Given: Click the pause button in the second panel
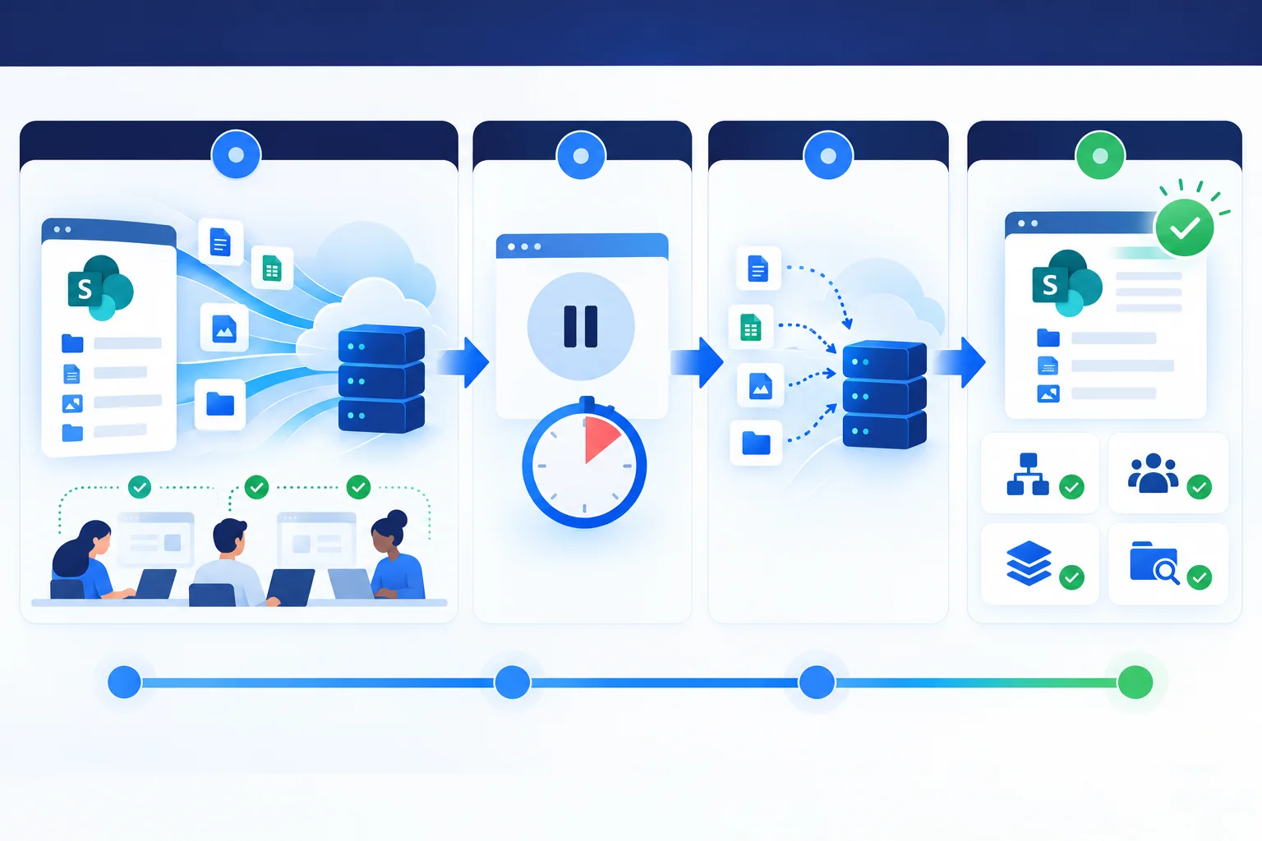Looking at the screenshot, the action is [581, 326].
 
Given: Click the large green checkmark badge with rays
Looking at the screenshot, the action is [1185, 227].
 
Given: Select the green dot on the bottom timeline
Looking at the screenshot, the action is [1135, 682].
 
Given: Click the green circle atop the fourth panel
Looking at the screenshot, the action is [1100, 155].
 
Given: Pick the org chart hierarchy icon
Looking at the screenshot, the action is [1028, 475].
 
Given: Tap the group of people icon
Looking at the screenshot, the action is [1154, 473].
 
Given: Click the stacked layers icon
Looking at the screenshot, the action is [1029, 563].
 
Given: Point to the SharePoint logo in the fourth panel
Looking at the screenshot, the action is [1066, 283].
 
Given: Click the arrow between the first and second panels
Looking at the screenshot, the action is [463, 362].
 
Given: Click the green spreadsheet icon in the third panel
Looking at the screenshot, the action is [750, 327].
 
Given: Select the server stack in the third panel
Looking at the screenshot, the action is [884, 394].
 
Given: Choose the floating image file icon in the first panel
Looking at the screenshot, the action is [224, 329].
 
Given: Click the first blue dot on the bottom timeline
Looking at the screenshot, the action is [124, 682].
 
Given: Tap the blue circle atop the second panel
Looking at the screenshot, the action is [581, 155].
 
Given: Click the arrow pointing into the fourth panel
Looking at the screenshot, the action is [960, 362].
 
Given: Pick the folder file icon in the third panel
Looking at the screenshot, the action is [756, 443].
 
